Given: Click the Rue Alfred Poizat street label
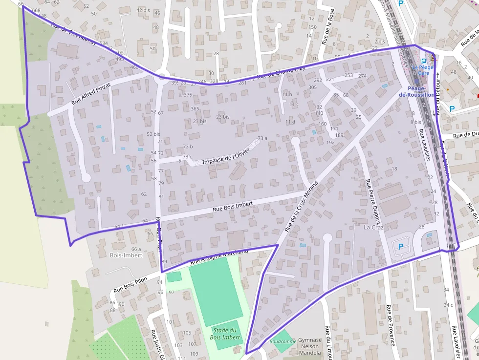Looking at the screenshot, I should tap(91, 94).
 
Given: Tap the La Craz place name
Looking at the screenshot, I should tap(373, 227).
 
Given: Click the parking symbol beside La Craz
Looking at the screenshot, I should tap(401, 247).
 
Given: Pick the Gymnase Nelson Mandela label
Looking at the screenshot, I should tap(310, 346).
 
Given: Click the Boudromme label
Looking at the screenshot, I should tap(283, 341).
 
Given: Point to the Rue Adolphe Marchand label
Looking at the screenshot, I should tap(219, 257).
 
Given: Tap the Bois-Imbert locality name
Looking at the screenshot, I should tap(126, 255).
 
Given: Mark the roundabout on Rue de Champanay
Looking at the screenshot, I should tap(161, 76).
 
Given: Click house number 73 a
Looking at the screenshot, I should tap(263, 138).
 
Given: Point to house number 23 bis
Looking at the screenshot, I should tap(222, 117).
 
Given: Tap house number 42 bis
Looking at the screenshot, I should tap(143, 10).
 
